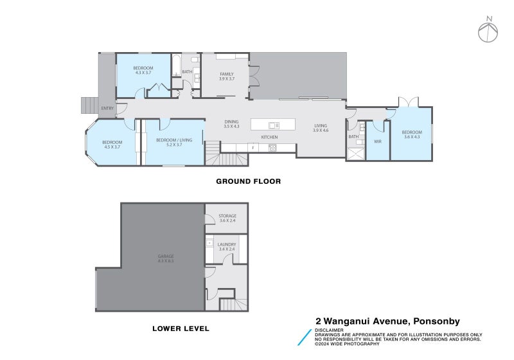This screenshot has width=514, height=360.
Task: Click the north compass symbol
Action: point(489,29)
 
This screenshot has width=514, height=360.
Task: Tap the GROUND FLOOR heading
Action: point(248,181)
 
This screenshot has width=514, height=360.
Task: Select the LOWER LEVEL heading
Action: point(181,328)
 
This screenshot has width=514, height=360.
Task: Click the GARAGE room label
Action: point(166,258)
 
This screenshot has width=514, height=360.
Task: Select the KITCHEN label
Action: point(269,138)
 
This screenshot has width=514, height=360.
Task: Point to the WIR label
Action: point(378,141)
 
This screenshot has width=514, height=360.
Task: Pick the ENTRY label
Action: point(107,108)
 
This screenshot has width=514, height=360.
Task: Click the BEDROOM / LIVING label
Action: point(170,142)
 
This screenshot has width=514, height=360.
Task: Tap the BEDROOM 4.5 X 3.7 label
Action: point(112,144)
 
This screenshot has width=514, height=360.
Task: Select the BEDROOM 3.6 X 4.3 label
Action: point(411,134)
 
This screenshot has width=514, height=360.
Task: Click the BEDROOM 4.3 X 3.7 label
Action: point(143,70)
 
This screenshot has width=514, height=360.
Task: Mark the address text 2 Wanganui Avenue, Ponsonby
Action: point(387,321)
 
